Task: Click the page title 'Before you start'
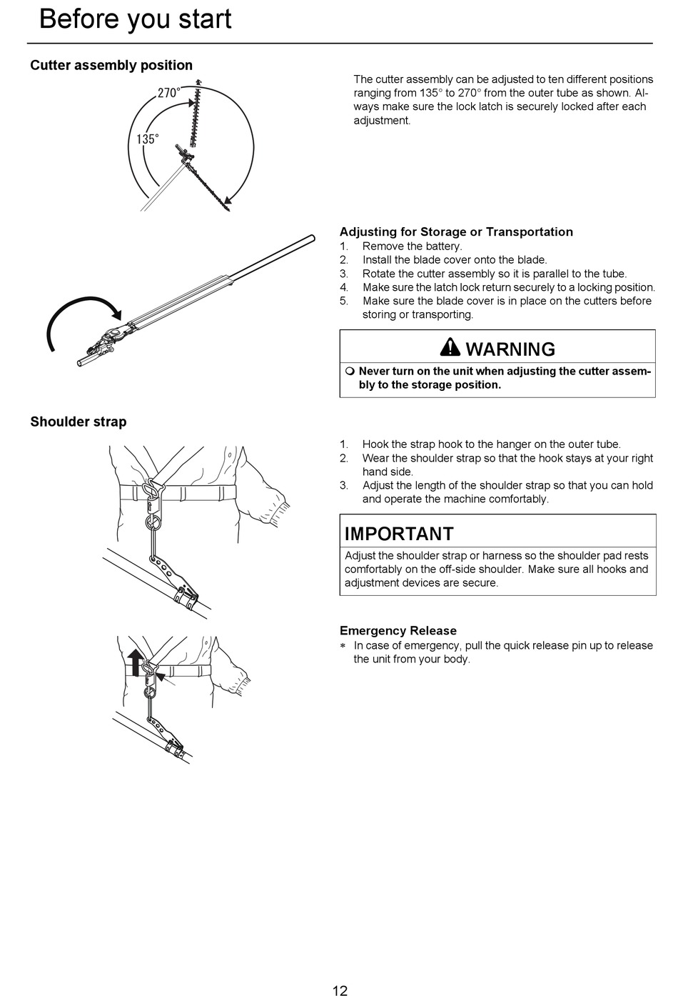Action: point(135,19)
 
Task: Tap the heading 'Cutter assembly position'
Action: point(111,65)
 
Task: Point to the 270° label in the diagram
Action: point(168,93)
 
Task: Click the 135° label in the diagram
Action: point(148,139)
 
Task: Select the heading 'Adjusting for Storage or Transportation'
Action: point(456,231)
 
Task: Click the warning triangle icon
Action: point(450,348)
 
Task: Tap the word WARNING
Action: point(510,349)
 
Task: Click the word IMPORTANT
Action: point(399,534)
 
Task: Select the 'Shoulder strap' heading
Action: point(79,422)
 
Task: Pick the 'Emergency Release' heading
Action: point(398,630)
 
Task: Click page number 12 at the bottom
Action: point(340,990)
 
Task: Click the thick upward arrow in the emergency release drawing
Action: point(135,662)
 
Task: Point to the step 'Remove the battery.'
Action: point(412,246)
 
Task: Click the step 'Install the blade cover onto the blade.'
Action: point(454,259)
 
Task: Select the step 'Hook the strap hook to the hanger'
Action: point(491,444)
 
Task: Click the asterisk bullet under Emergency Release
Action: point(343,646)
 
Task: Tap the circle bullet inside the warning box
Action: point(350,372)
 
